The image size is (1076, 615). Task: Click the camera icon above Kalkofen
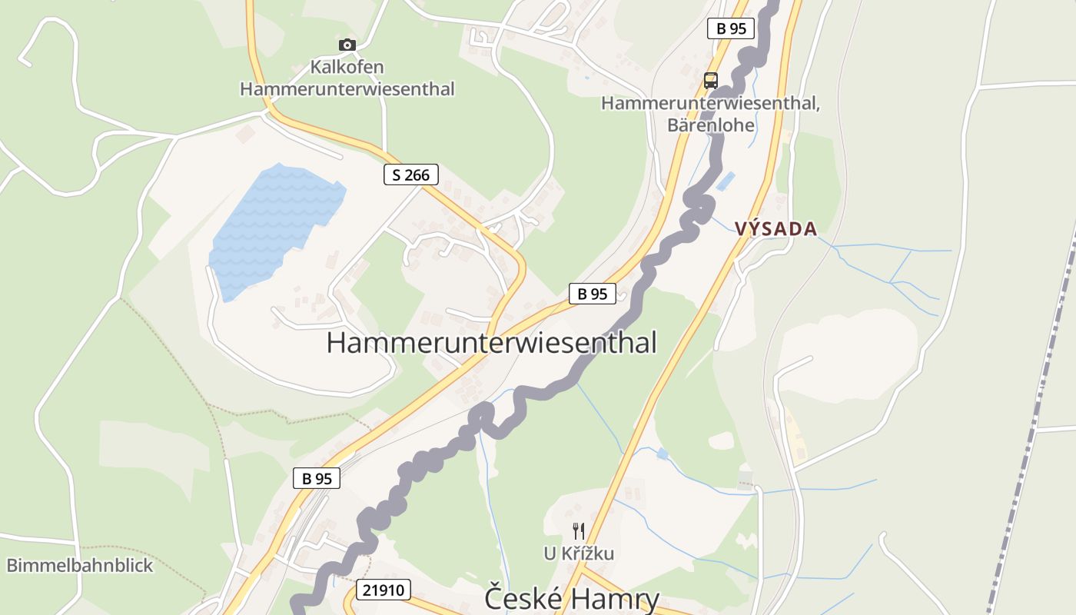click(347, 45)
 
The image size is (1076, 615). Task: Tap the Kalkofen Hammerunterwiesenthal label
click(347, 78)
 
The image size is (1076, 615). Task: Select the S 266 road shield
click(410, 175)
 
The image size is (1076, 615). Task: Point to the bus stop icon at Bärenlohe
click(710, 80)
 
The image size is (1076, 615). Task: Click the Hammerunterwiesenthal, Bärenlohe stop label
click(710, 113)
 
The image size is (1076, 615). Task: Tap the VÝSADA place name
click(775, 228)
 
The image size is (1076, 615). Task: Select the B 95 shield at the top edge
click(730, 28)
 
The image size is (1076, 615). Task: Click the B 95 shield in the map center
click(592, 293)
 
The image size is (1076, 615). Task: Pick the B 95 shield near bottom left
click(316, 478)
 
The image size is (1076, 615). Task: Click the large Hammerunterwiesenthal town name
click(491, 343)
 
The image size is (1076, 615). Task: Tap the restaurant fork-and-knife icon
click(579, 530)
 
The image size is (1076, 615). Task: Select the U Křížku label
click(579, 553)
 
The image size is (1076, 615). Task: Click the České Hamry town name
click(572, 598)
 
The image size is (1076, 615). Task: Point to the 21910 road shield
click(383, 590)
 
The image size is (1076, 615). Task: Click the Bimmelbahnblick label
click(80, 566)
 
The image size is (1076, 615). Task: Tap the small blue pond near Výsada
click(725, 181)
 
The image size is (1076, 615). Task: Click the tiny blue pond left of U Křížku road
click(663, 454)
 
